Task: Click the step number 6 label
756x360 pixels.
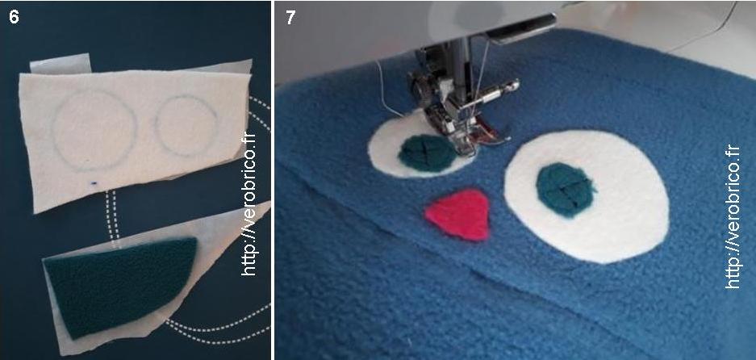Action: (14, 19)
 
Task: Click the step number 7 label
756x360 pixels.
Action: (290, 19)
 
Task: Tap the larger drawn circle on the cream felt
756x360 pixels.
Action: (94, 130)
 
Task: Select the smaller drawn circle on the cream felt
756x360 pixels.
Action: (186, 125)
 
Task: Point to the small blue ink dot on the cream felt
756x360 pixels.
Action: (94, 183)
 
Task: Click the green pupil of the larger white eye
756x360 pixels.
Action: (565, 190)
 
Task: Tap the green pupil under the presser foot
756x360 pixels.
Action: (426, 153)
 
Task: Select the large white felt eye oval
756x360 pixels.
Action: (587, 196)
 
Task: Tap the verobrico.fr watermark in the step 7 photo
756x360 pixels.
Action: (732, 217)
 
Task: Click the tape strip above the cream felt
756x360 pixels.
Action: (61, 63)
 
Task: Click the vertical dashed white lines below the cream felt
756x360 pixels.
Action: (112, 216)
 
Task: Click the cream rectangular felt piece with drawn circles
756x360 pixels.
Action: (135, 135)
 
